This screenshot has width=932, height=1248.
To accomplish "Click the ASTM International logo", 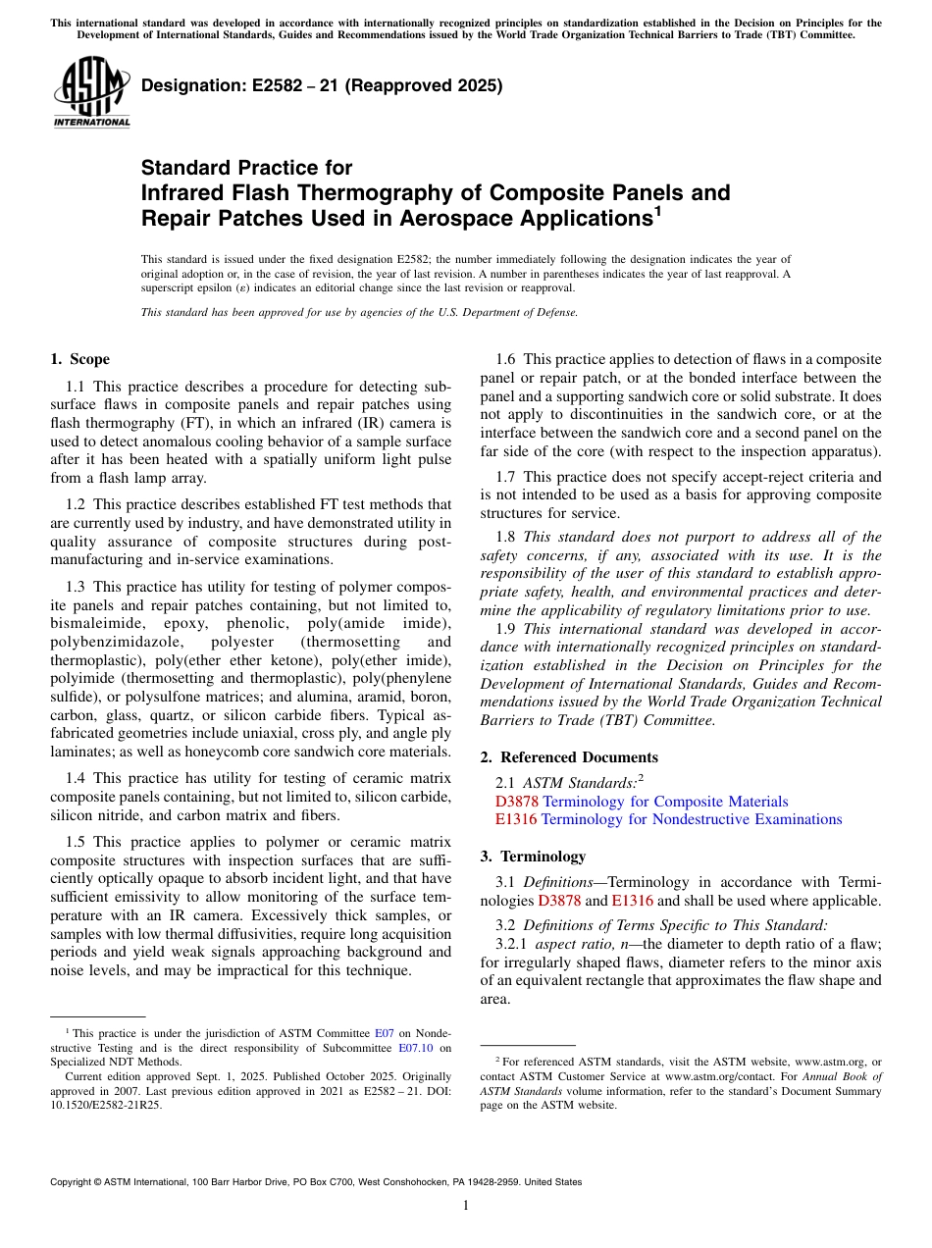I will tap(91, 93).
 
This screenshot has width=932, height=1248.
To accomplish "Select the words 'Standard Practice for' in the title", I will tap(246, 168).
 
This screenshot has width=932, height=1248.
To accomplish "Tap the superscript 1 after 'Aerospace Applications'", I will tap(658, 209).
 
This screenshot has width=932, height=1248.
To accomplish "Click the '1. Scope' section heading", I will tap(79, 359).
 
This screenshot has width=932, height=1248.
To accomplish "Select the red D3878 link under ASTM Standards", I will tap(517, 802).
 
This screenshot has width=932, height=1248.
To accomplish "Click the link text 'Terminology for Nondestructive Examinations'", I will tap(691, 819).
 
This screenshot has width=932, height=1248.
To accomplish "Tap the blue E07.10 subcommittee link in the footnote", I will tap(416, 1047).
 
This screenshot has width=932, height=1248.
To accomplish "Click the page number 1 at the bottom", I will tap(466, 1205).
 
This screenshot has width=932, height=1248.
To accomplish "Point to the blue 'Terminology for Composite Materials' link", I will tap(665, 802).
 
